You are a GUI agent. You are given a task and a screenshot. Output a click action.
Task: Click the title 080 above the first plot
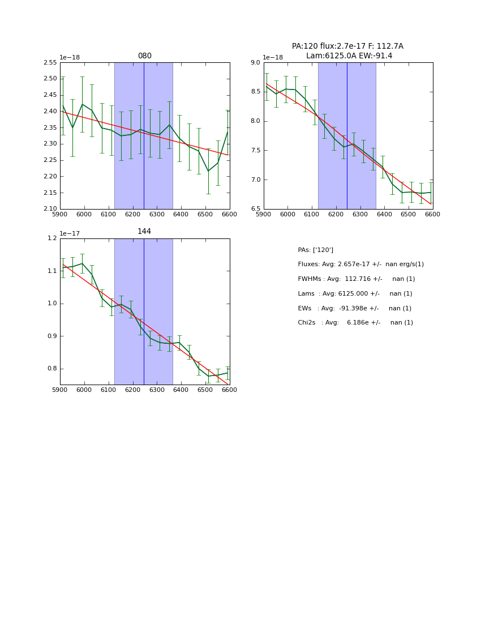tap(145, 56)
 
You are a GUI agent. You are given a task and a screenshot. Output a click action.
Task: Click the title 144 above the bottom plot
tap(144, 232)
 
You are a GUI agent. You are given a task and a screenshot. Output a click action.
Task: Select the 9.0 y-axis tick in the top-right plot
tap(255, 63)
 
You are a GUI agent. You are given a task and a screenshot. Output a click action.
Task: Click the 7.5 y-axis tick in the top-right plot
tap(255, 151)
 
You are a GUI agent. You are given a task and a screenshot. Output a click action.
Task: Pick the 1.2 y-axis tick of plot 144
tap(52, 238)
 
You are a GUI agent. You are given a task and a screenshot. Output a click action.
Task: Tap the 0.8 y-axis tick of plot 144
tap(52, 369)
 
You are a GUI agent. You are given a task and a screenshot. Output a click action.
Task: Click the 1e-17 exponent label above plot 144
tap(70, 233)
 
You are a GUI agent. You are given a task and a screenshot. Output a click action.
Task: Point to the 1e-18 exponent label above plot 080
tap(70, 58)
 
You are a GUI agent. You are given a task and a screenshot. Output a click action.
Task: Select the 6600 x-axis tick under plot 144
tap(230, 390)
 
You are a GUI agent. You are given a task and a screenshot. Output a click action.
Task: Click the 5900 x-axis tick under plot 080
tap(60, 215)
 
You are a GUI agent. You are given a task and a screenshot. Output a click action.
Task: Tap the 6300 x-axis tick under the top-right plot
tap(360, 215)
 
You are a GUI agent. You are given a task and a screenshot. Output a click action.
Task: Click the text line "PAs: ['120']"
tap(316, 250)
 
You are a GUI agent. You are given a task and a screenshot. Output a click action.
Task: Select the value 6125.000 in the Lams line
tap(350, 294)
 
